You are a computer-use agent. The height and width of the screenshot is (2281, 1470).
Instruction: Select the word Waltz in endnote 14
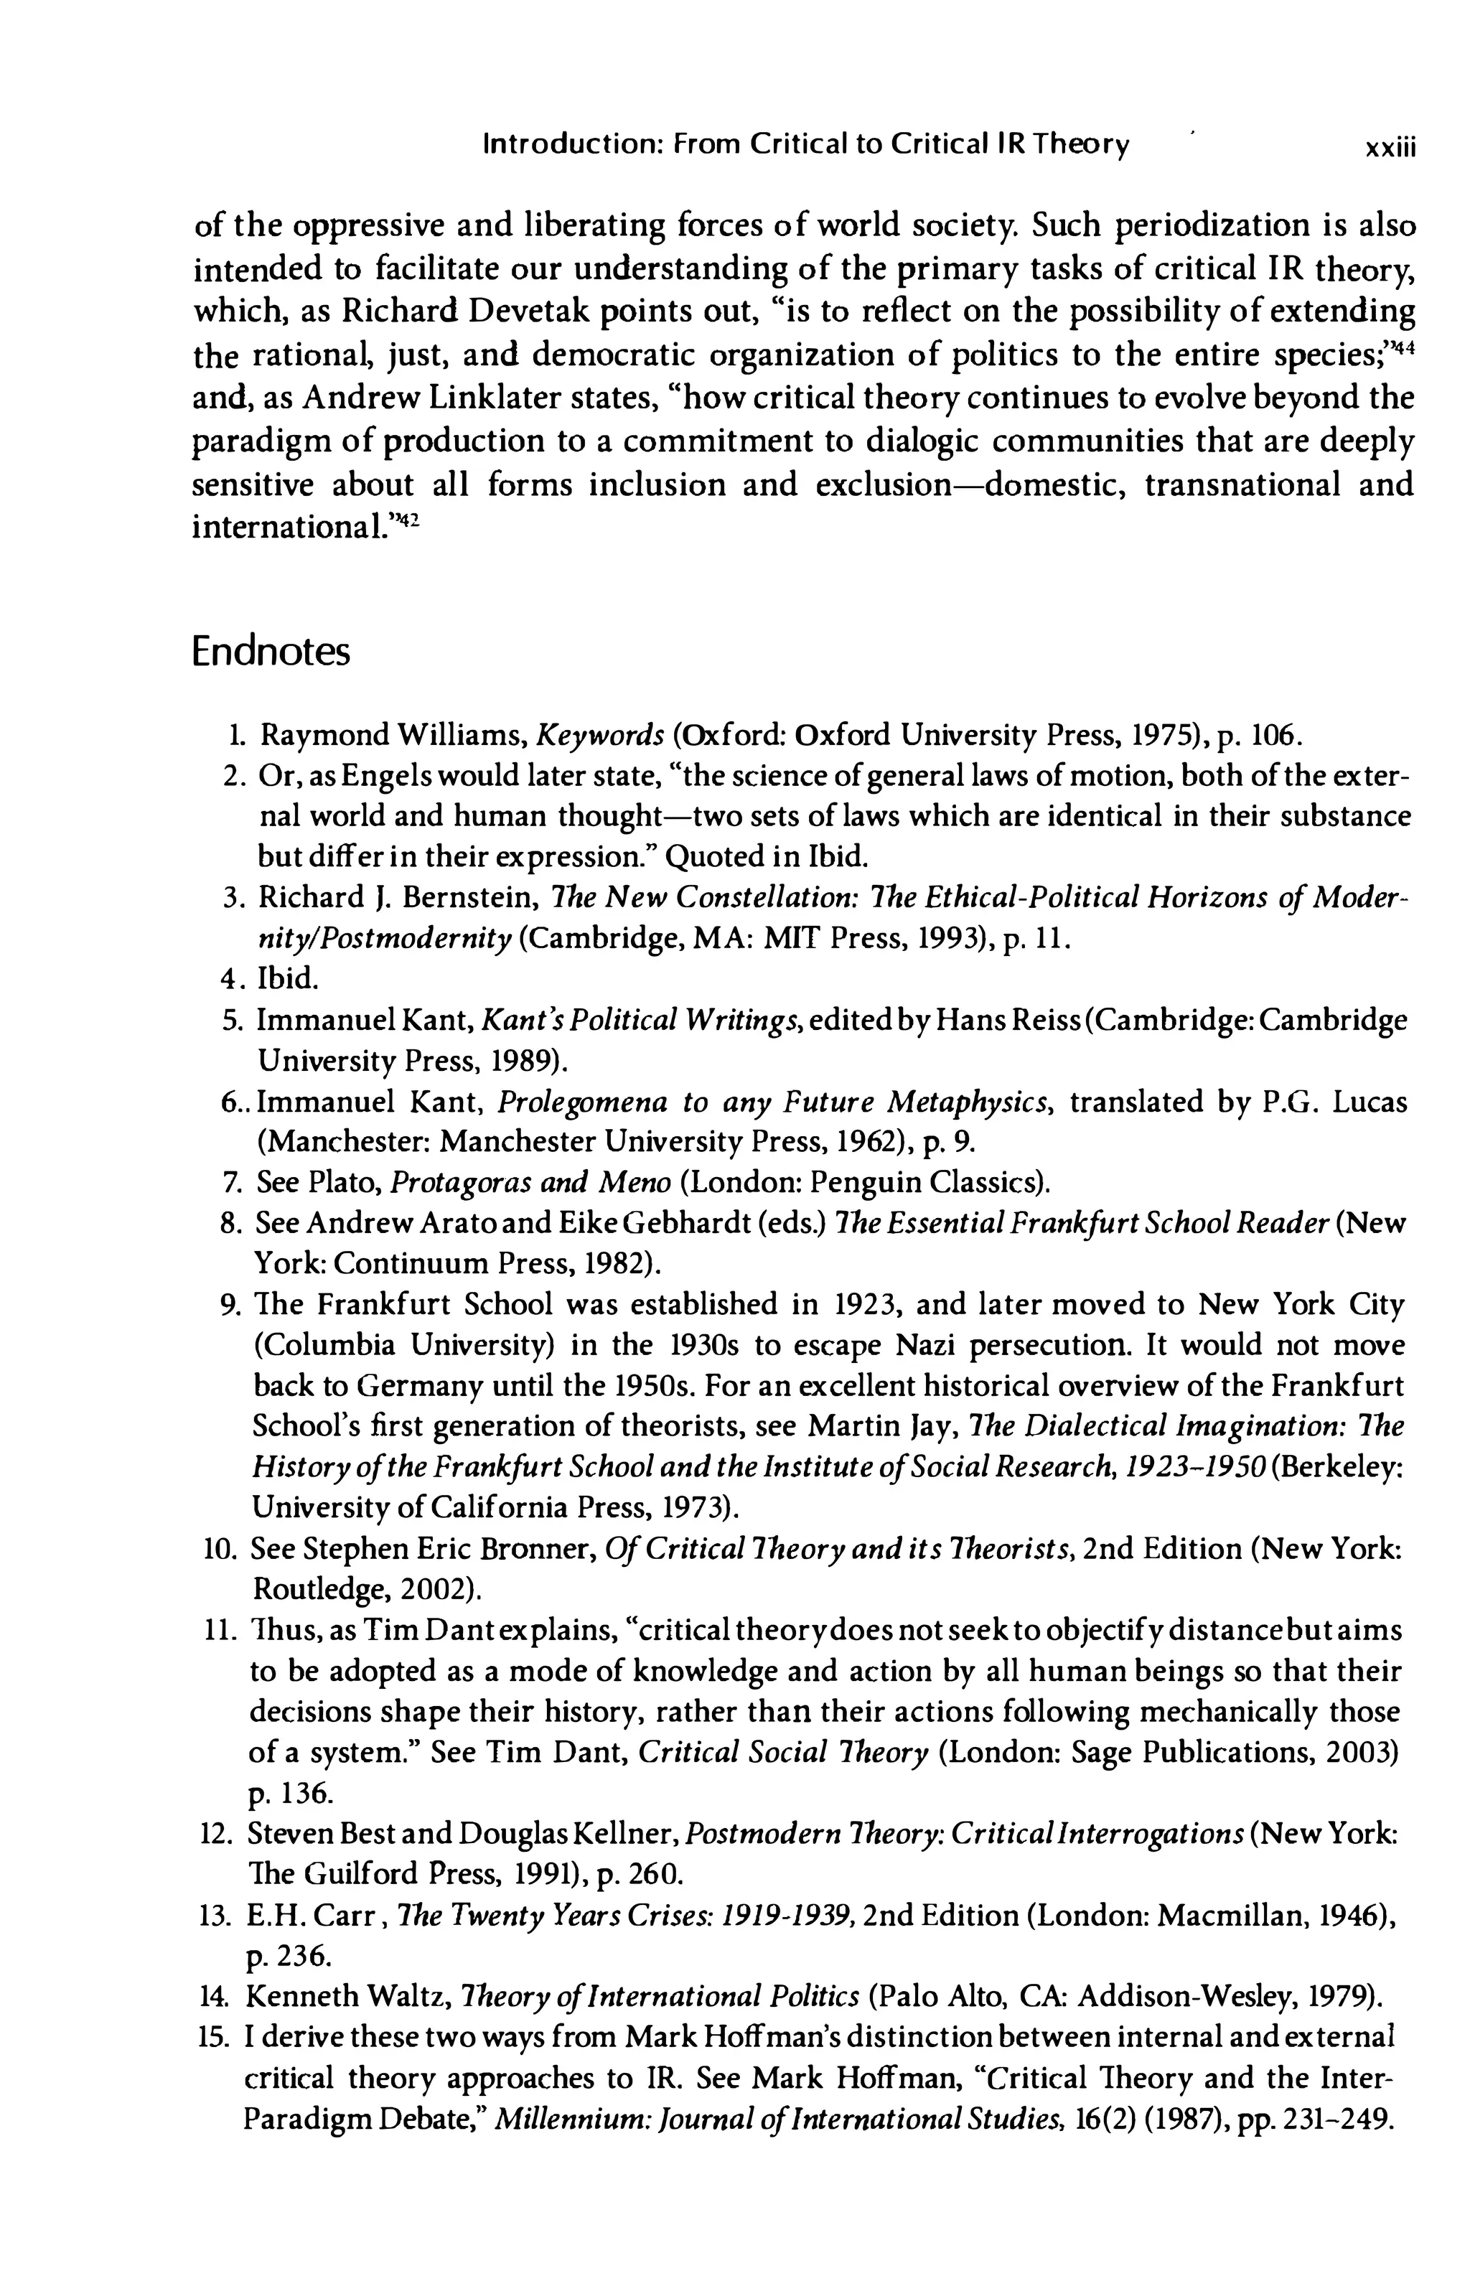(417, 1997)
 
